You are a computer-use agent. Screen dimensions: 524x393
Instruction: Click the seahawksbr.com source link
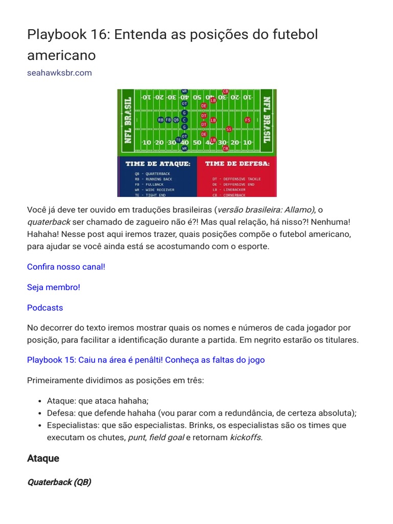tap(59, 73)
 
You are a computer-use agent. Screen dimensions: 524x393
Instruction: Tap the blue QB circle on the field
tap(176, 120)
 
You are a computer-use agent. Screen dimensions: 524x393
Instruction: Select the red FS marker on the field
tap(248, 120)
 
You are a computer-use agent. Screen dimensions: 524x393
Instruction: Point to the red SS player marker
tap(229, 129)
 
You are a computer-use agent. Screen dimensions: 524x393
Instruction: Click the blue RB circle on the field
tap(161, 120)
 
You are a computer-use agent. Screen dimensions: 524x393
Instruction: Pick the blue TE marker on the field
tap(179, 139)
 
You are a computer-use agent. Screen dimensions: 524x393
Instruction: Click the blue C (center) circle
tap(185, 120)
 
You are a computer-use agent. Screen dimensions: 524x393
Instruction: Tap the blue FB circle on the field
tap(168, 120)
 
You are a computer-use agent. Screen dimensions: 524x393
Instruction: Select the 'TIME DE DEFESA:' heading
tap(237, 164)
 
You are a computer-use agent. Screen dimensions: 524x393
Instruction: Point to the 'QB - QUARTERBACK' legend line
tap(152, 174)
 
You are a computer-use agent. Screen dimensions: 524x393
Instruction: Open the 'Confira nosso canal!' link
tap(66, 267)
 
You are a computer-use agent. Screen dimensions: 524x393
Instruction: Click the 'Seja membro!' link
tap(54, 288)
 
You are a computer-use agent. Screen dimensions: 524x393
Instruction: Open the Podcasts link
tap(45, 308)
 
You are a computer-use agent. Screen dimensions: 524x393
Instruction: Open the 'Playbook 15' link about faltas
tap(146, 360)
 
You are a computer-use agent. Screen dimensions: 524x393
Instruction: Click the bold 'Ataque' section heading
tap(43, 458)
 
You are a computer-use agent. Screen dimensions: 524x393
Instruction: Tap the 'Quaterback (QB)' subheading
tap(59, 483)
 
